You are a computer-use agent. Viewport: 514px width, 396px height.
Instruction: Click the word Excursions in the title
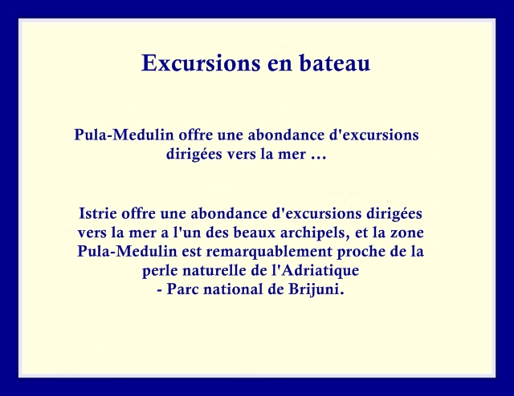pyautogui.click(x=202, y=63)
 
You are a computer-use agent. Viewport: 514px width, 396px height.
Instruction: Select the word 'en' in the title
pyautogui.click(x=279, y=65)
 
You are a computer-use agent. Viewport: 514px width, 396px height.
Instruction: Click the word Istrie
pyautogui.click(x=98, y=213)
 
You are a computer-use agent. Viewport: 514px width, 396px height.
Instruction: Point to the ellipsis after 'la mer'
pyautogui.click(x=319, y=157)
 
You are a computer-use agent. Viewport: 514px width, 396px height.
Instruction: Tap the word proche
pyautogui.click(x=357, y=252)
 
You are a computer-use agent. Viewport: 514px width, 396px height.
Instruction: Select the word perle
pyautogui.click(x=159, y=271)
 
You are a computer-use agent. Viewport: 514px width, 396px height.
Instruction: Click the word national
pyautogui.click(x=233, y=289)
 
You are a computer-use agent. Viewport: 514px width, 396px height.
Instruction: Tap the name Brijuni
pyautogui.click(x=316, y=290)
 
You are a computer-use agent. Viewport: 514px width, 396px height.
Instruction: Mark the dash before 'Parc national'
pyautogui.click(x=160, y=291)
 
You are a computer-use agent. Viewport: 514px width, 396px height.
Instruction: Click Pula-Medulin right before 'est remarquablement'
pyautogui.click(x=127, y=252)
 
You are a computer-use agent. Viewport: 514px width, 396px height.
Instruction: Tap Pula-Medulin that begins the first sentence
pyautogui.click(x=124, y=135)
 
